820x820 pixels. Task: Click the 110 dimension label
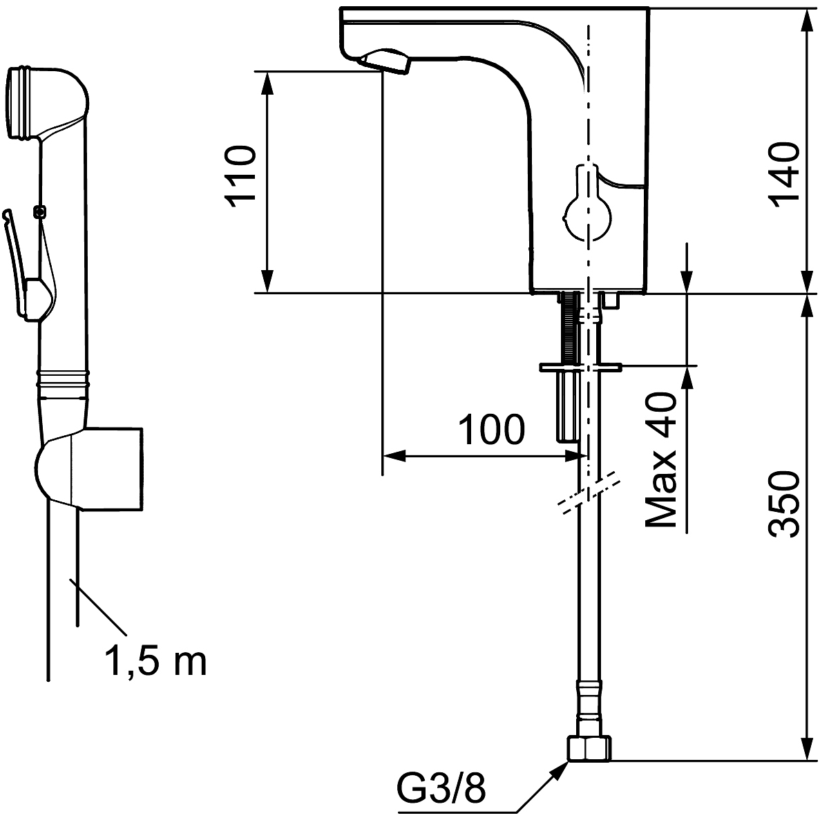tap(241, 173)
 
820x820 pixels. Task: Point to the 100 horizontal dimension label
tap(492, 430)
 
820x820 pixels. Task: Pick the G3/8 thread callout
tap(441, 787)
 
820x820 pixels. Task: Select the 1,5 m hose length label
tap(155, 661)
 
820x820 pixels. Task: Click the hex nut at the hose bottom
tap(589, 749)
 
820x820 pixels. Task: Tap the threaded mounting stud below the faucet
tap(569, 328)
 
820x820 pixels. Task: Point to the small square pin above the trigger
tap(39, 211)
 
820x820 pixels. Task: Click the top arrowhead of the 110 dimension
tap(267, 79)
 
